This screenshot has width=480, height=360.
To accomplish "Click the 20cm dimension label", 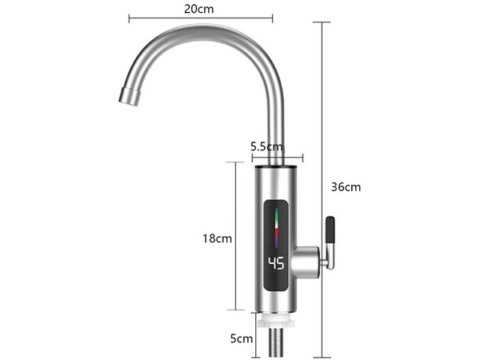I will [199, 8].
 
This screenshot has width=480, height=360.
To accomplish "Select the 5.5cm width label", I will [266, 146].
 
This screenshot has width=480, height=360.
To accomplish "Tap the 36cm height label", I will [346, 186].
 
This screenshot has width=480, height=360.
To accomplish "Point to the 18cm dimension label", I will [216, 238].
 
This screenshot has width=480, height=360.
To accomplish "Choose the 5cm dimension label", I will [242, 338].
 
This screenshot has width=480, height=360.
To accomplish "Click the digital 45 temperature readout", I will [276, 263].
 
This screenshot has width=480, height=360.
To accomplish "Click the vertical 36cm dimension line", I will [323, 188].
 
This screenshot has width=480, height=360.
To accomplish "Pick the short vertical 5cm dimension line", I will [261, 336].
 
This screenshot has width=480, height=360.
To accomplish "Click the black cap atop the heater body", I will [277, 170].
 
